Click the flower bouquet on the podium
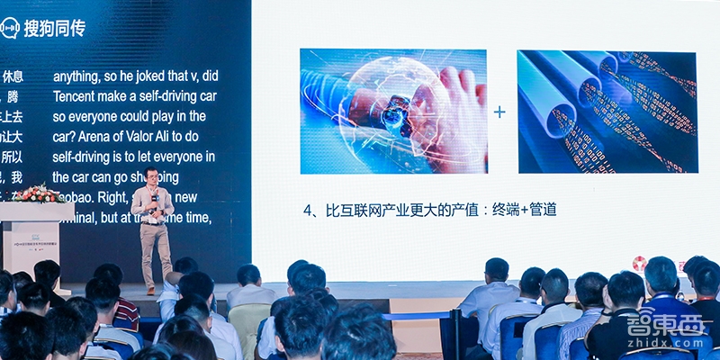(x=38, y=193)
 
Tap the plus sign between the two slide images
(x=500, y=112)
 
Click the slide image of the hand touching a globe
(x=392, y=112)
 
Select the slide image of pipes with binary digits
(x=607, y=112)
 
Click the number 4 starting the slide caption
(x=306, y=211)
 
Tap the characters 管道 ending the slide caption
(x=542, y=210)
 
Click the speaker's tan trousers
(x=155, y=247)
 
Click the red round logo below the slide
(x=640, y=264)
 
